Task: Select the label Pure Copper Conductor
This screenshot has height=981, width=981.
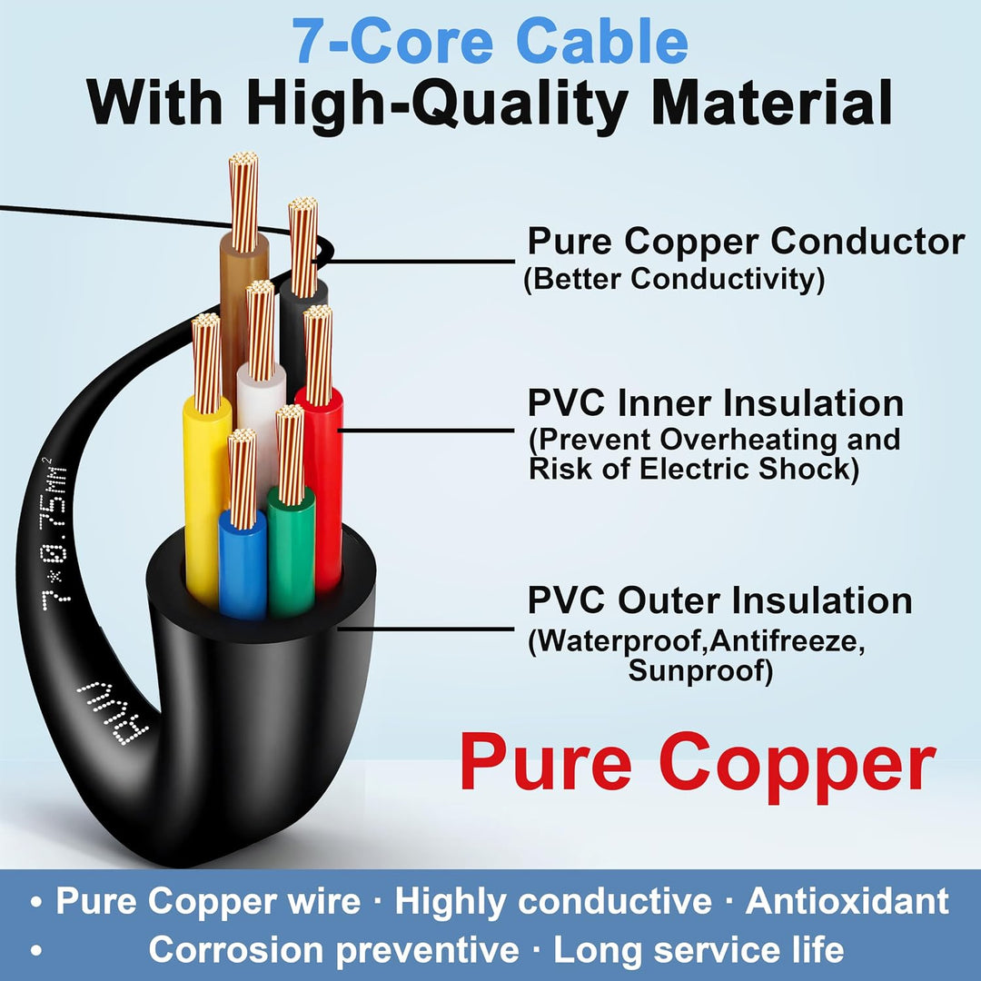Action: pos(746,242)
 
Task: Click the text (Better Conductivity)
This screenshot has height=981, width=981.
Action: pos(674,279)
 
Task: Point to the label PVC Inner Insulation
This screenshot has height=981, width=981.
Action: pos(716,402)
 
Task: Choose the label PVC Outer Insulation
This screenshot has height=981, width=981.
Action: pos(719,600)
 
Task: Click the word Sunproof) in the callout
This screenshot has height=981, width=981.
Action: pos(700,670)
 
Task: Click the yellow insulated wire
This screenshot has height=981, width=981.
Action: pos(205,500)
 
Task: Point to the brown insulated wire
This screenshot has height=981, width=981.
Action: pos(240,312)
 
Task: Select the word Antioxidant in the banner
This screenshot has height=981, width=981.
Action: pos(847,902)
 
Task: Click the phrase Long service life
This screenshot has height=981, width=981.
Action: pos(699,950)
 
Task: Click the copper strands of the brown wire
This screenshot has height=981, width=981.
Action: pos(243,202)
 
